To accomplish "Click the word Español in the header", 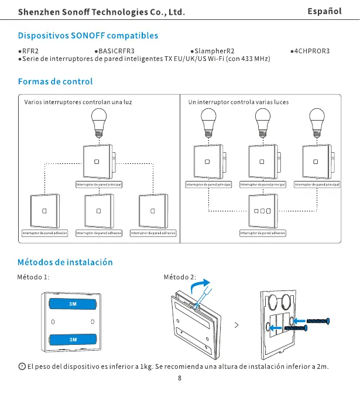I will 324,11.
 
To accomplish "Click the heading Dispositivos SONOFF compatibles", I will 88,36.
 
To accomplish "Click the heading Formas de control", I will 56,81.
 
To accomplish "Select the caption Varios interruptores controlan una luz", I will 78,102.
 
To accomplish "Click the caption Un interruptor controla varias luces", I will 238,102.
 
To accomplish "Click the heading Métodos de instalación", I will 65,262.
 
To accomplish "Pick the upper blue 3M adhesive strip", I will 73,304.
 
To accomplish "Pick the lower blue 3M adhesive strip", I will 73,339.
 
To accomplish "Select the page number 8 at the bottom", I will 180,378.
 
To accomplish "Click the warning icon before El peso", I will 22,367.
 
